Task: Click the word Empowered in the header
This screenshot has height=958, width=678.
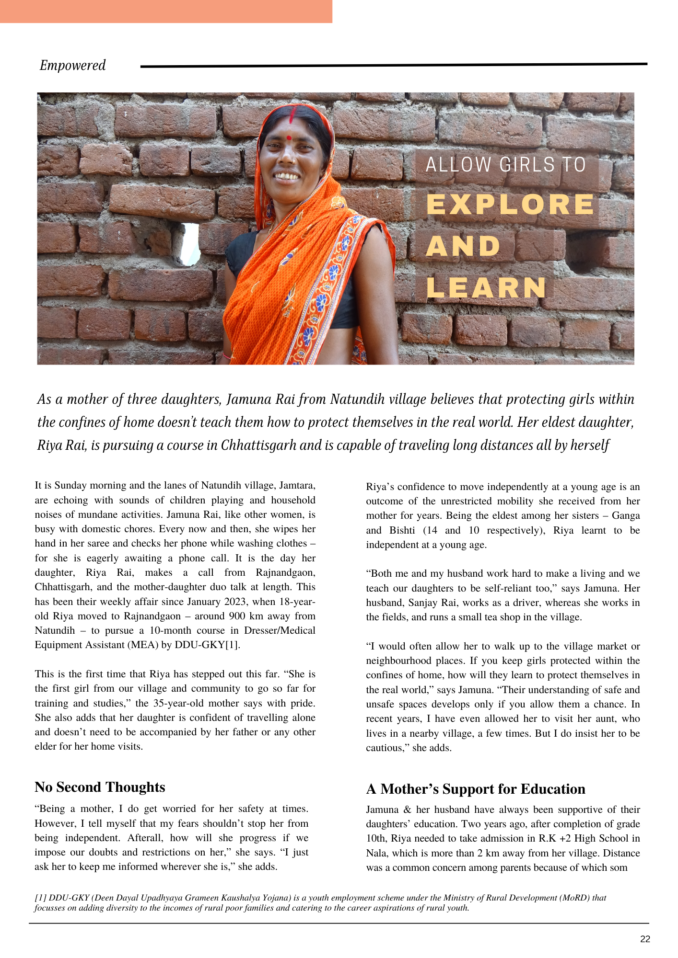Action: click(x=72, y=65)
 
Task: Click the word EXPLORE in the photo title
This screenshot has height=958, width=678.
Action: click(x=510, y=204)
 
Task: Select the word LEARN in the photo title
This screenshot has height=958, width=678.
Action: click(x=486, y=287)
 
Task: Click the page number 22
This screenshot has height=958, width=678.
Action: click(x=645, y=939)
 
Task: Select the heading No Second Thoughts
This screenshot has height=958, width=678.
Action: click(x=100, y=787)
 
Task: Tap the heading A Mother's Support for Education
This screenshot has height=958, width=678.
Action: click(x=475, y=789)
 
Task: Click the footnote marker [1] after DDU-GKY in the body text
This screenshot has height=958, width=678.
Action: click(x=232, y=645)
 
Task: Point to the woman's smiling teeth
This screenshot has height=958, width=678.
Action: click(x=287, y=176)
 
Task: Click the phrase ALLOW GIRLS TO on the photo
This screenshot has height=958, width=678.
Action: click(x=505, y=165)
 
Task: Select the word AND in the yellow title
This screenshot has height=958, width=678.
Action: click(x=463, y=246)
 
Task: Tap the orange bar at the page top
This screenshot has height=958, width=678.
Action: click(x=166, y=11)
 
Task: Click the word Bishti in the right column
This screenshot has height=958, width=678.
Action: click(x=402, y=530)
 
